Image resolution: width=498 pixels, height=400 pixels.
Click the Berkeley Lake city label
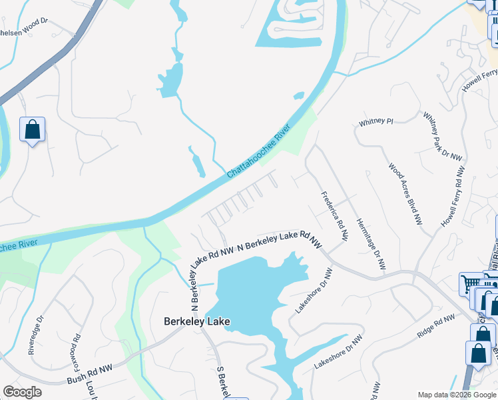[197, 321]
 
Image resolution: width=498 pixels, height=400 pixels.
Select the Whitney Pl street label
[376, 123]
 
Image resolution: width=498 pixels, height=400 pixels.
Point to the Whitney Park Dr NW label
[443, 135]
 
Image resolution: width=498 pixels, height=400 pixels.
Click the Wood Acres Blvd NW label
[405, 193]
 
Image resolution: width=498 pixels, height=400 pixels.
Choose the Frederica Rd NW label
[335, 216]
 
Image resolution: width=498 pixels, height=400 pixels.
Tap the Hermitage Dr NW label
[371, 244]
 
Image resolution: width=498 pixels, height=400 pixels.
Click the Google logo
[23, 392]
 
